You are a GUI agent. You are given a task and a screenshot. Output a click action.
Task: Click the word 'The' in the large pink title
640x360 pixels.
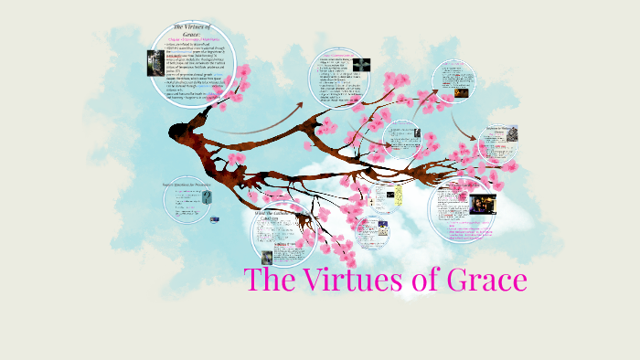[x=274, y=280]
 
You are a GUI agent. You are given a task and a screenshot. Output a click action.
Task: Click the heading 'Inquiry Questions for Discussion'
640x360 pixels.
[x=187, y=185]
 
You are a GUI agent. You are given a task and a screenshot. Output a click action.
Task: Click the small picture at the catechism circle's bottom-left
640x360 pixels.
[x=266, y=258]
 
